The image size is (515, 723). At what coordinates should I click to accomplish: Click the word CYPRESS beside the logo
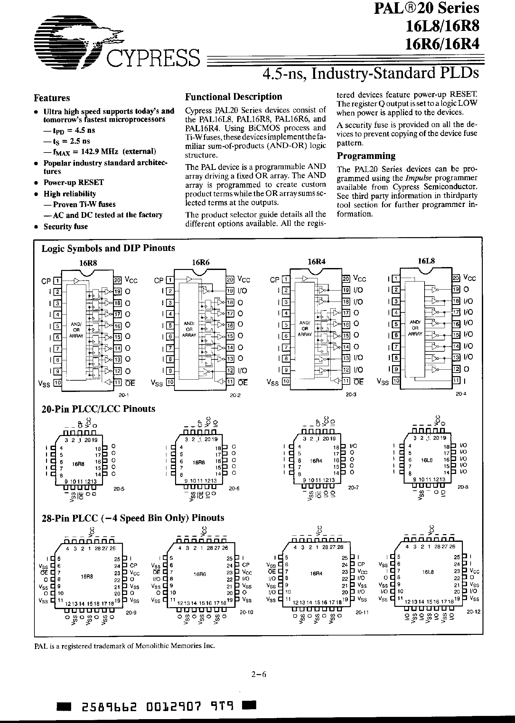153,58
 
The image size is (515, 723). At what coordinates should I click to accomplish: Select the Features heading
52,98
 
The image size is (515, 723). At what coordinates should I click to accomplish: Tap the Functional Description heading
233,97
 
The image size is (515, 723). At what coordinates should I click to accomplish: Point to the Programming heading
366,156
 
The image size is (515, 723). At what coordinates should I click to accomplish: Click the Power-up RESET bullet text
74,182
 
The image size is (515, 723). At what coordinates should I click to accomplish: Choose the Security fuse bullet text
66,227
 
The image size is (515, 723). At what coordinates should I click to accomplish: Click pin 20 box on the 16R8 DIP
117,280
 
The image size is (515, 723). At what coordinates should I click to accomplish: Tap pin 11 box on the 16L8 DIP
456,381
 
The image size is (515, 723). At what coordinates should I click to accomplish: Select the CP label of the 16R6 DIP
159,280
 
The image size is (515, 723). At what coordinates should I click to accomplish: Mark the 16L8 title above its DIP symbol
426,261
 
